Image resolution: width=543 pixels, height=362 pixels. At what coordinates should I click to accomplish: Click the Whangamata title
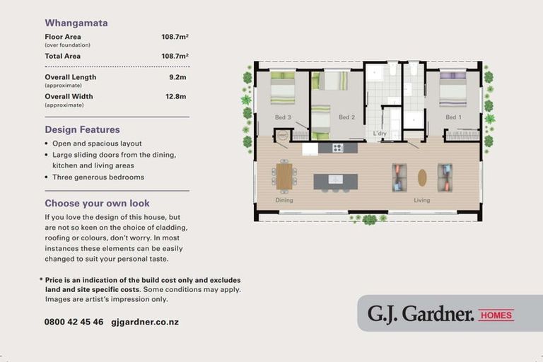[x=76, y=23]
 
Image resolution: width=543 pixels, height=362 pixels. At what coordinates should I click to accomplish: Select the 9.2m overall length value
[x=177, y=77]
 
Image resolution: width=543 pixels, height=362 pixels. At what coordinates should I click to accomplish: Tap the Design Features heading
[x=82, y=130]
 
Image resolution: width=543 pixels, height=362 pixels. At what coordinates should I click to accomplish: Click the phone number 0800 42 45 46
[x=74, y=322]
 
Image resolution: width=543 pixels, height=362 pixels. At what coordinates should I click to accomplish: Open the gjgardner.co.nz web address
[x=145, y=322]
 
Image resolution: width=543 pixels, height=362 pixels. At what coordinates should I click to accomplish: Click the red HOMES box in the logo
[x=496, y=315]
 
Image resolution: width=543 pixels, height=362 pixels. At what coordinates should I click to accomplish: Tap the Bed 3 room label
[x=283, y=117]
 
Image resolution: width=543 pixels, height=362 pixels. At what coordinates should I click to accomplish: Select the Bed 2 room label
[x=346, y=117]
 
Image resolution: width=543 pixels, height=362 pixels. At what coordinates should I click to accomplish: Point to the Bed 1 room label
[x=453, y=117]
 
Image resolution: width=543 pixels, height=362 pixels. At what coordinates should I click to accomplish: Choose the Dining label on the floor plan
[x=284, y=200]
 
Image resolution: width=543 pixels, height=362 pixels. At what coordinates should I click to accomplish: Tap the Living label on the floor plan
[x=422, y=200]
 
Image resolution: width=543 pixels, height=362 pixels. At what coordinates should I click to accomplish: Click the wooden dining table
[x=284, y=176]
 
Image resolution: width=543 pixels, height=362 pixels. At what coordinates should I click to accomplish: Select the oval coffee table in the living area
[x=422, y=177]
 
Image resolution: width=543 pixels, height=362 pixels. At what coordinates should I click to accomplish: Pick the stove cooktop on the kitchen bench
[x=338, y=148]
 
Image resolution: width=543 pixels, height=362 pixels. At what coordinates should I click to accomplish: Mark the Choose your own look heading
[x=97, y=204]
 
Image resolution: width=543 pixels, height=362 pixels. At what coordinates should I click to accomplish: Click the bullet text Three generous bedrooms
[x=98, y=177]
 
